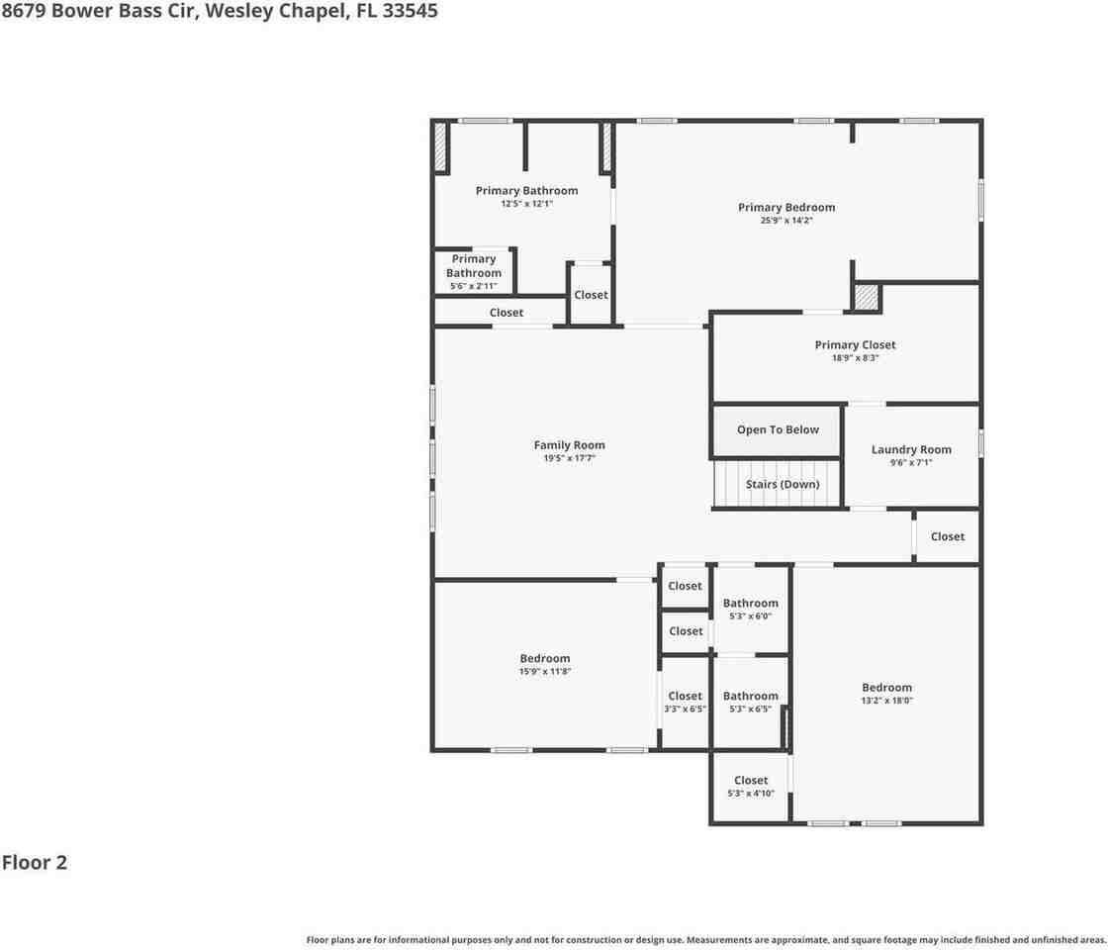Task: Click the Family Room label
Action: click(569, 445)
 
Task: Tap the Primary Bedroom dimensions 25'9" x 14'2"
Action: click(786, 221)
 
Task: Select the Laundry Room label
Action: click(910, 449)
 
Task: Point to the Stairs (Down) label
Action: click(783, 485)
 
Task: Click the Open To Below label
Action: click(778, 429)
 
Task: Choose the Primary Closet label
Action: click(855, 345)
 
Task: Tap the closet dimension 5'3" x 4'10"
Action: click(750, 794)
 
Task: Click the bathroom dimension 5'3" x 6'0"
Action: click(750, 617)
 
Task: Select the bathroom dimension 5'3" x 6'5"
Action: click(750, 710)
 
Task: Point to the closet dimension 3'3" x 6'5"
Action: click(685, 710)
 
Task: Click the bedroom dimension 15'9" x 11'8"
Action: click(545, 672)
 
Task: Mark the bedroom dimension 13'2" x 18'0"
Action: click(886, 701)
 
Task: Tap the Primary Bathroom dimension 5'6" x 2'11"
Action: click(473, 286)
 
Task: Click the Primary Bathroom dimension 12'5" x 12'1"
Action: click(526, 204)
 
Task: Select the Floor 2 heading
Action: click(35, 862)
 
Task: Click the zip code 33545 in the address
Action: click(414, 11)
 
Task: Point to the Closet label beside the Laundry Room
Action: click(947, 536)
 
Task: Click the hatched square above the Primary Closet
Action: click(867, 297)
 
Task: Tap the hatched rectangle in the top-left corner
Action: click(440, 146)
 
